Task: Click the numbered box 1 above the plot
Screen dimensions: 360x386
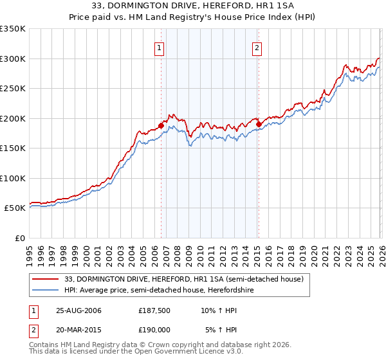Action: tap(159, 47)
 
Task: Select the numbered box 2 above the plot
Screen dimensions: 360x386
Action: tap(257, 47)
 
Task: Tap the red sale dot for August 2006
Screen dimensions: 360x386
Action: tap(161, 126)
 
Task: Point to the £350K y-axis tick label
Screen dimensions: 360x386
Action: tap(13, 29)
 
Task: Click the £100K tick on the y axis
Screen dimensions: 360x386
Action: tap(13, 178)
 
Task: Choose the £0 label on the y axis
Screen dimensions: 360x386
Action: tap(19, 238)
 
